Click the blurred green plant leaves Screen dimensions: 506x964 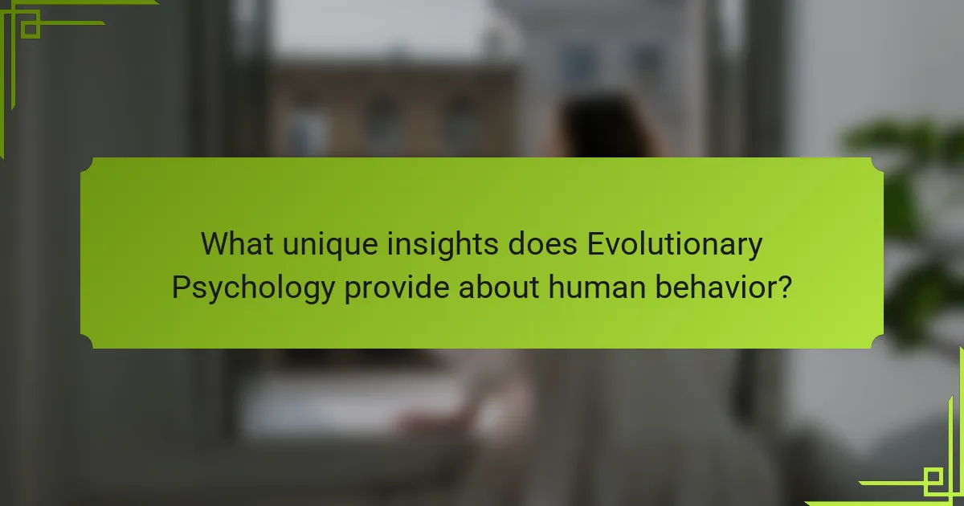[x=908, y=161]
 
